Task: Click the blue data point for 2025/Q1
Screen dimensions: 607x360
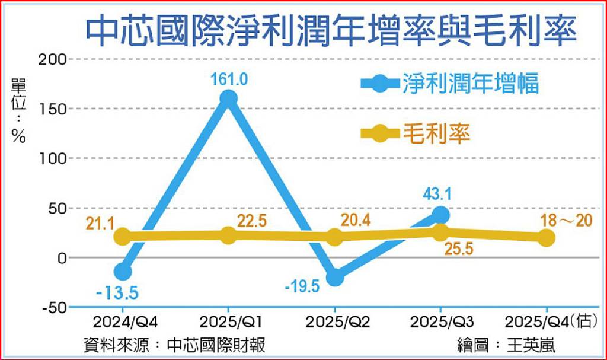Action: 228,98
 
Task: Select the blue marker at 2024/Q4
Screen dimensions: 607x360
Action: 123,271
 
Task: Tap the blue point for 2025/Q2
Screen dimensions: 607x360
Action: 335,277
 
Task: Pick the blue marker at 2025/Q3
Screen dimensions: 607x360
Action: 440,214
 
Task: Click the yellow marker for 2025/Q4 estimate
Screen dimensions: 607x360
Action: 546,238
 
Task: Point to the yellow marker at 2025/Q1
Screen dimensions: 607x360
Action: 228,235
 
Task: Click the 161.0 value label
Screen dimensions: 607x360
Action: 229,79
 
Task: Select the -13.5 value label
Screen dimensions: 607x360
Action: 117,293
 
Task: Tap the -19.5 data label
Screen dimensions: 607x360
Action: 302,287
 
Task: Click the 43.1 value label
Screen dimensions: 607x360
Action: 437,194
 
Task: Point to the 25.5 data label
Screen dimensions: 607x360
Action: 459,249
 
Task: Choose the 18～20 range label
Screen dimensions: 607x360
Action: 566,221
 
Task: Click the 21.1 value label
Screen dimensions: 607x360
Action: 100,224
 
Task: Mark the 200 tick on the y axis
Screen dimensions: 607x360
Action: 53,60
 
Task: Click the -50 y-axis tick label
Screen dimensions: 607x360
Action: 55,308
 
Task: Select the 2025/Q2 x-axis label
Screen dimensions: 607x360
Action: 338,322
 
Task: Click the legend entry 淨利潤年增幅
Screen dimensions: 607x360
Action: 449,83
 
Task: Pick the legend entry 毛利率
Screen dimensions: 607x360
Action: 416,133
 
